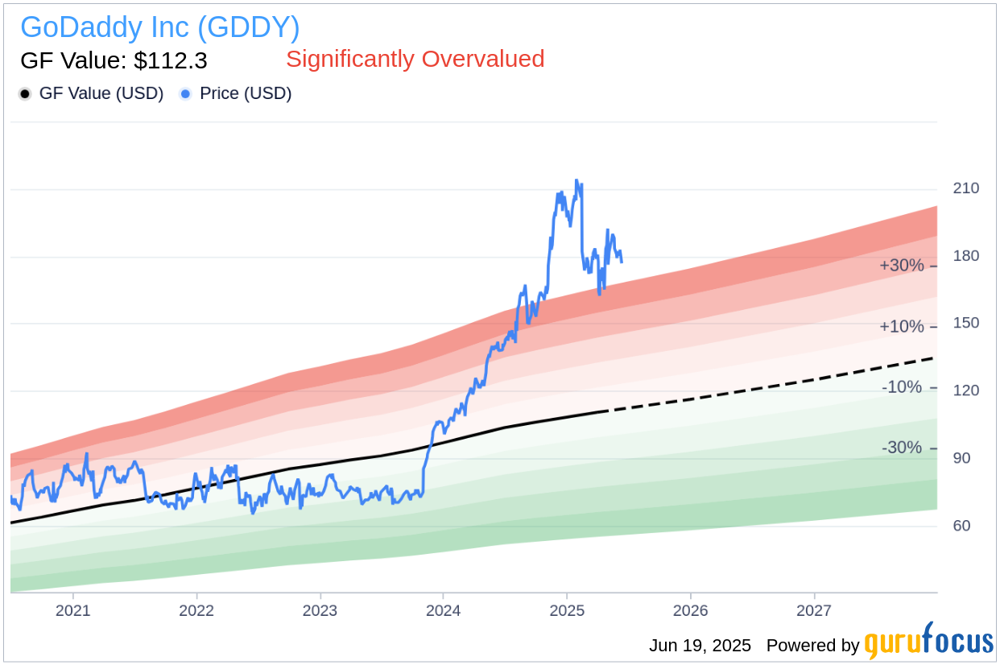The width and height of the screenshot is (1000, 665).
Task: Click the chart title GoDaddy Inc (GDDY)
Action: click(159, 27)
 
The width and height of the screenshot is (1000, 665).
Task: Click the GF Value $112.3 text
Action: click(114, 60)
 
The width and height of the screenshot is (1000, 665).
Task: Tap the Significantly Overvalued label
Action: click(415, 59)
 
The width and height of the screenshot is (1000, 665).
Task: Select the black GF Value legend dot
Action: click(25, 94)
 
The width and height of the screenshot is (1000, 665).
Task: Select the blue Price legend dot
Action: click(186, 94)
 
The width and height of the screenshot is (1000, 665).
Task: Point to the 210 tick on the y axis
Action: click(965, 188)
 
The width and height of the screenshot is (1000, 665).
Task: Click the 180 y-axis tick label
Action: click(965, 256)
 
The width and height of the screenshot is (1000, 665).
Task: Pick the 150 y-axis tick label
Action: click(965, 323)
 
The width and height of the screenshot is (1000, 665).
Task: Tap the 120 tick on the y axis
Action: click(965, 390)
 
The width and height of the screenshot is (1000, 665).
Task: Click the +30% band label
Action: click(902, 266)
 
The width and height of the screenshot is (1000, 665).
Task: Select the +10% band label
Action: click(902, 327)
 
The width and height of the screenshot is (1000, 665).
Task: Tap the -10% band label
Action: click(902, 387)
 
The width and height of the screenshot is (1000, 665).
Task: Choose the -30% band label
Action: click(902, 448)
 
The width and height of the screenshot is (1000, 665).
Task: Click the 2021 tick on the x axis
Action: click(72, 610)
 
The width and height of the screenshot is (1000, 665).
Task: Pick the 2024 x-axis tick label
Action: click(443, 610)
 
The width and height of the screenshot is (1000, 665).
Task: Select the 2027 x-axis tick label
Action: click(814, 610)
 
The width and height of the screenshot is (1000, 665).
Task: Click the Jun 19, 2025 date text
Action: click(700, 646)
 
